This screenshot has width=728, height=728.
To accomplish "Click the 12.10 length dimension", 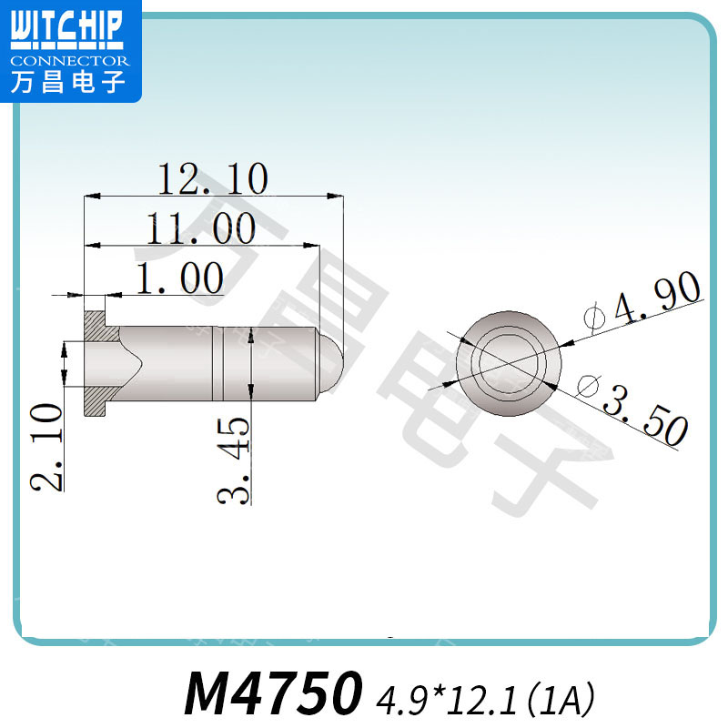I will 213,178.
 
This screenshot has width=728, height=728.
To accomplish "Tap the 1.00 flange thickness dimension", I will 179,278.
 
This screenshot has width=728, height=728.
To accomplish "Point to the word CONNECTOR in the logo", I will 71,60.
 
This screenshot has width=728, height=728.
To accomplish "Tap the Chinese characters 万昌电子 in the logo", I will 70,83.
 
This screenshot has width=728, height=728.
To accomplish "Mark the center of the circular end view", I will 513,361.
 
